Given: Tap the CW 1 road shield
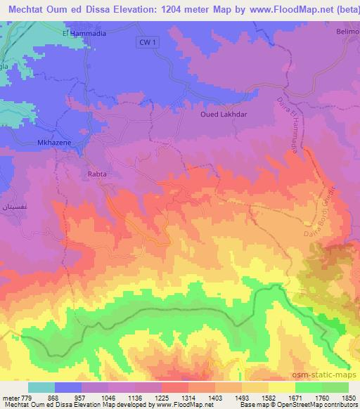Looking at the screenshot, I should click(x=144, y=43).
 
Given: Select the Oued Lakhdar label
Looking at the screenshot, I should click(x=224, y=112).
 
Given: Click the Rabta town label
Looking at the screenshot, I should click(x=96, y=172).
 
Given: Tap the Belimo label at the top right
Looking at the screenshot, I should click(x=346, y=32).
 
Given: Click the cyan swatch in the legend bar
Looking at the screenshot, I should click(x=41, y=387).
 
